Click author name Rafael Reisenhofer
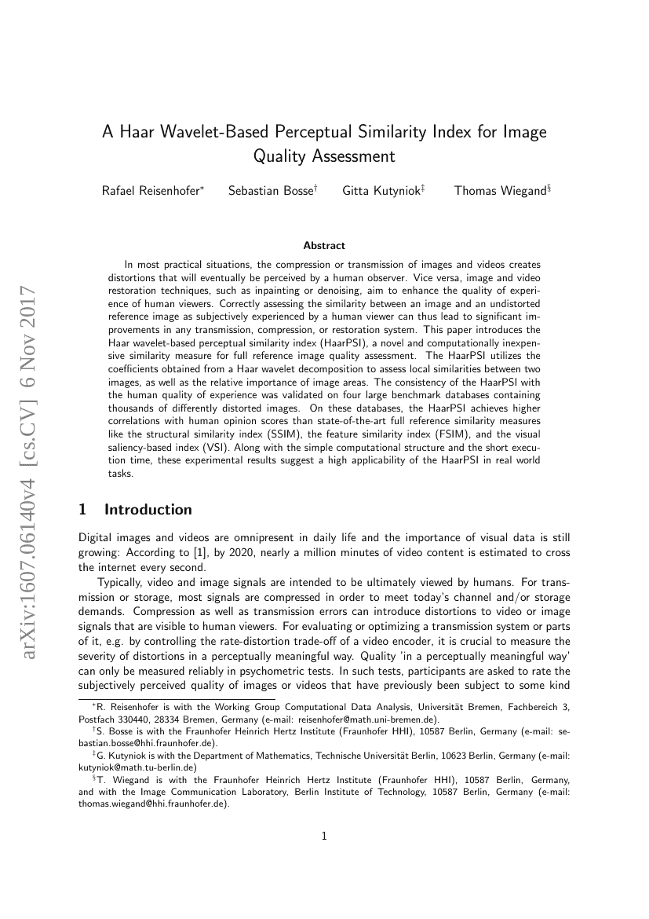[x=151, y=191]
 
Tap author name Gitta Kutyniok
[x=381, y=191]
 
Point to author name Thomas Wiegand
[x=499, y=191]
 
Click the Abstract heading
[x=324, y=246]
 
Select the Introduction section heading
[x=148, y=510]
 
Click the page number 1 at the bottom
[x=324, y=837]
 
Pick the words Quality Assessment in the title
[x=324, y=156]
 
